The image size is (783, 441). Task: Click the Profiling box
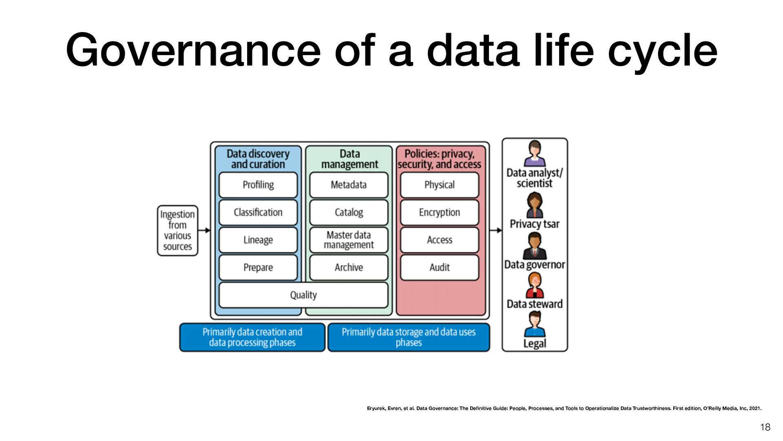[258, 185]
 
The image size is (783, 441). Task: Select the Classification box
[258, 212]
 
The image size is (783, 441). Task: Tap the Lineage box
[258, 240]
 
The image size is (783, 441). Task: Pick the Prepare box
[258, 267]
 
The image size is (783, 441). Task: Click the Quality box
[303, 295]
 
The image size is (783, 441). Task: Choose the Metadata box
[349, 185]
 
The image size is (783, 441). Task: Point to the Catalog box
[349, 212]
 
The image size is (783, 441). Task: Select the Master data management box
[349, 240]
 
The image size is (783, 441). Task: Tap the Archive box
[349, 267]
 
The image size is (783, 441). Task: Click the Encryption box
[440, 212]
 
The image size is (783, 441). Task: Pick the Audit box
[440, 267]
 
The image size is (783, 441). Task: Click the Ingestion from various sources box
[177, 231]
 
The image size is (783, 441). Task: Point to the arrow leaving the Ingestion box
[204, 230]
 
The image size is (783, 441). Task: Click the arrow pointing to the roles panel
[496, 230]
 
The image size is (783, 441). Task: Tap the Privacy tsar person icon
[535, 205]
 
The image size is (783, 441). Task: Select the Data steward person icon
[535, 285]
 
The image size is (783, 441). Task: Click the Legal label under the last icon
[535, 344]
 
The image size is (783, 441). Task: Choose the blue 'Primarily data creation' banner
[252, 337]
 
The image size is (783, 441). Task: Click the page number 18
[765, 427]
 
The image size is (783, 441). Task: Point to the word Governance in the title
[193, 51]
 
